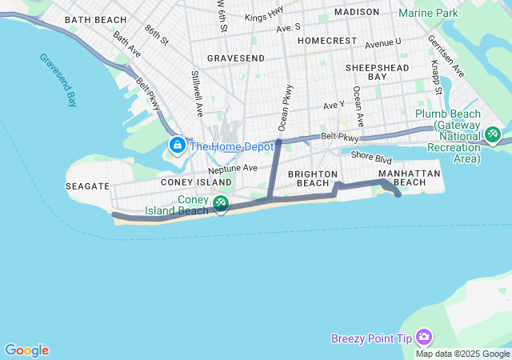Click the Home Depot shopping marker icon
pos(177,145)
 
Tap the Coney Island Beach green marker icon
pos(221,203)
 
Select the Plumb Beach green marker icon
pos(493,134)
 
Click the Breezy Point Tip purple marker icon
pos(424,338)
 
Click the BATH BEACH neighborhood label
pos(95,19)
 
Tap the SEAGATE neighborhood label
pos(88,186)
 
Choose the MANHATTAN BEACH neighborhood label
pos(409,178)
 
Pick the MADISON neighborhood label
pos(357,12)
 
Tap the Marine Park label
pos(428,13)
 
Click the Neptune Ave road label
pos(233,169)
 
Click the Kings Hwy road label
pos(265,17)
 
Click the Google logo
pos(26,350)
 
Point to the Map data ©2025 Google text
pos(463,354)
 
